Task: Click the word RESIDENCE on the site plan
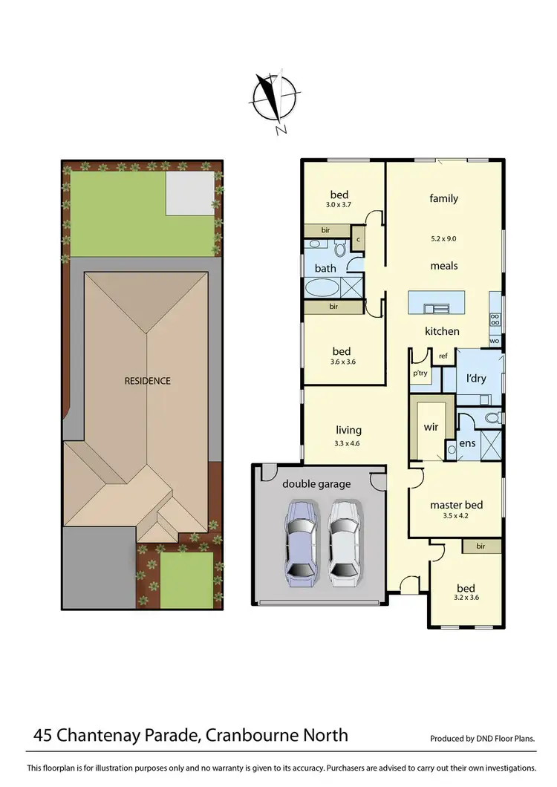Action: (147, 381)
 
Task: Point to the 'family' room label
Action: (443, 198)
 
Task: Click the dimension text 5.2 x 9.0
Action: (443, 238)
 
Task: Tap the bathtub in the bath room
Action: (321, 287)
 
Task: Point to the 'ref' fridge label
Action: (443, 356)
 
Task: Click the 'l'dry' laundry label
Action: (476, 379)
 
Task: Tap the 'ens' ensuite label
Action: (468, 443)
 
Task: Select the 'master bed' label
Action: (456, 506)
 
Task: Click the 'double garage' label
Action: (316, 484)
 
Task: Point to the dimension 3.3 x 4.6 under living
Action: (348, 443)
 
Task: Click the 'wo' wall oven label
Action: (495, 341)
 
